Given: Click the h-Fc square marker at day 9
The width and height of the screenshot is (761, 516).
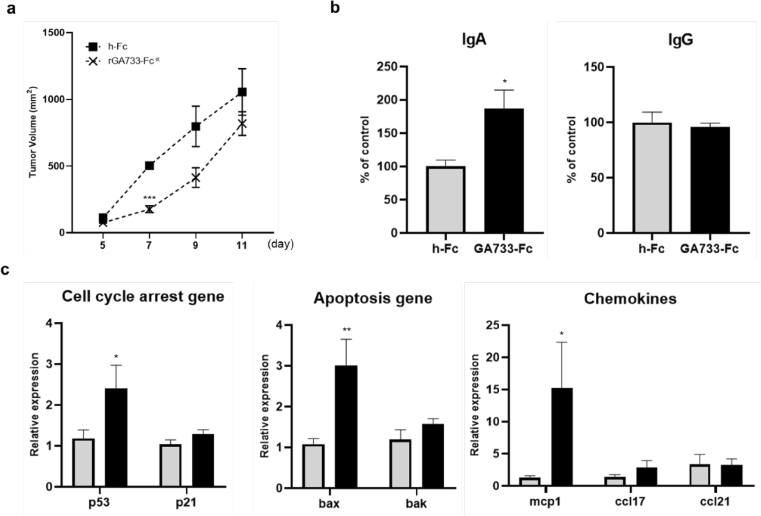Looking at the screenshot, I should click(196, 126).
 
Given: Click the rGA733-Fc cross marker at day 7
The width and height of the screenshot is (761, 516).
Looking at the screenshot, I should click(149, 209).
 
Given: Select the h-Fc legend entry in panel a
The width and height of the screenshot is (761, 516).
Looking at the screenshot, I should click(107, 47).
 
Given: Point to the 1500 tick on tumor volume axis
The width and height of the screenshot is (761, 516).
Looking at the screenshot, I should click(53, 33).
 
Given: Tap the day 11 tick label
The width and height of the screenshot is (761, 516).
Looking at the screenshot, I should click(242, 245).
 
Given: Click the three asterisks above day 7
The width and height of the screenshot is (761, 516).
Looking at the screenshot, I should click(149, 198).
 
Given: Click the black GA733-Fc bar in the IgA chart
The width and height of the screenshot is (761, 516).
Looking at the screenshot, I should click(504, 171).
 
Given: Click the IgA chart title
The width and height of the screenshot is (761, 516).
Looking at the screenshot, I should click(474, 40).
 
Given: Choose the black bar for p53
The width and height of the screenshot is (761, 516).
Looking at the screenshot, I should click(116, 437).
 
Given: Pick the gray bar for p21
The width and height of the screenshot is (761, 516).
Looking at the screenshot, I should click(170, 465).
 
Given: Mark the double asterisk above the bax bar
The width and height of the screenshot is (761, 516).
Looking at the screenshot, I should click(346, 330).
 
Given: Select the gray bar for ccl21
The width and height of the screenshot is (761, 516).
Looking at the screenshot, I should click(700, 475).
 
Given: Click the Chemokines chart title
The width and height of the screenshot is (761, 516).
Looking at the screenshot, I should click(630, 299).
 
